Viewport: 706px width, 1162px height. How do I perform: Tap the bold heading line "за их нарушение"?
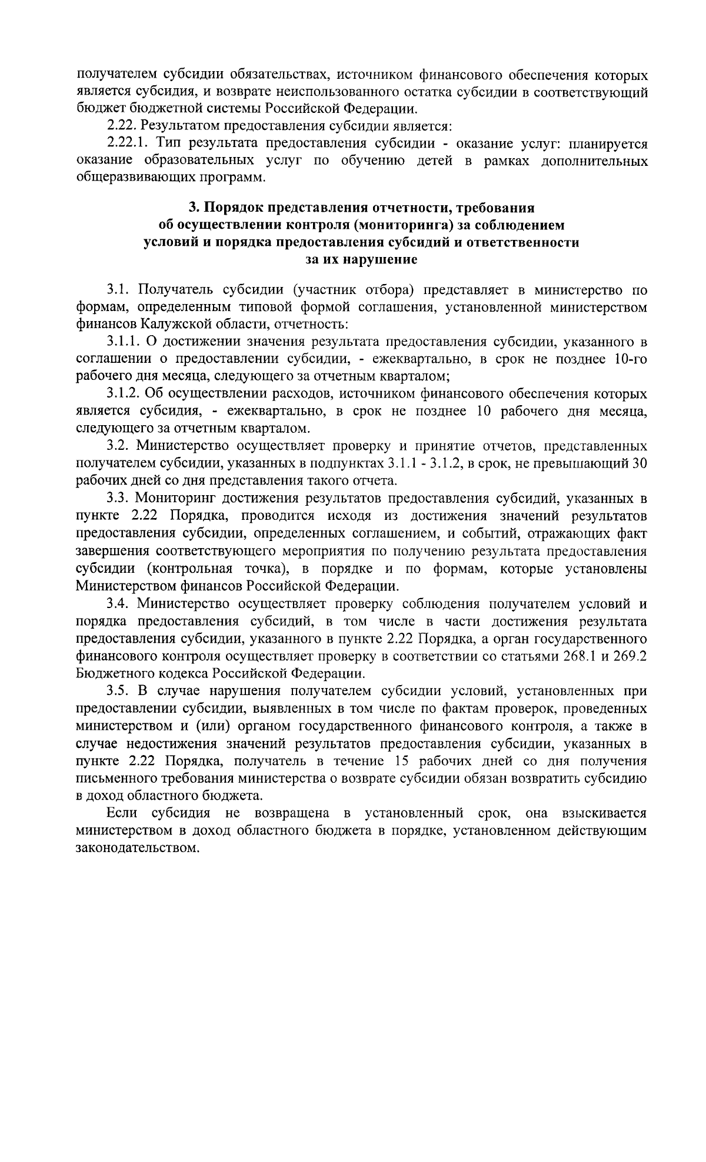(362, 259)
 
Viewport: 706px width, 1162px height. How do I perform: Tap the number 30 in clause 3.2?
(640, 463)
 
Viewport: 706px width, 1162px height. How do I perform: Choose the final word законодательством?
(135, 849)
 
